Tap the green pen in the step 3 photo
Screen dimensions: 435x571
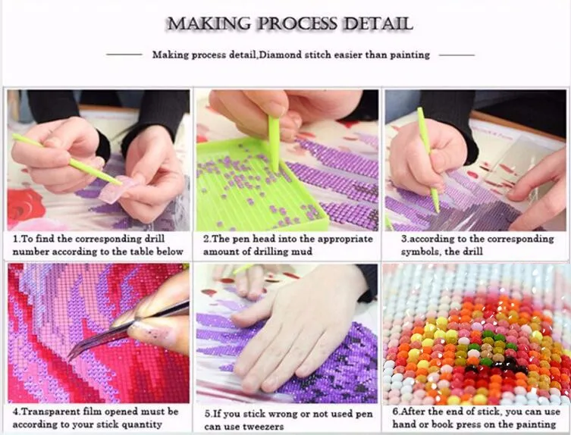[x=428, y=159]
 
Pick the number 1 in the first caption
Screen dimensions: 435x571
[x=15, y=238]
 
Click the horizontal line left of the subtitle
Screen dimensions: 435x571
[x=124, y=55]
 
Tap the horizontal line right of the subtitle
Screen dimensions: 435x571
[x=456, y=55]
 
